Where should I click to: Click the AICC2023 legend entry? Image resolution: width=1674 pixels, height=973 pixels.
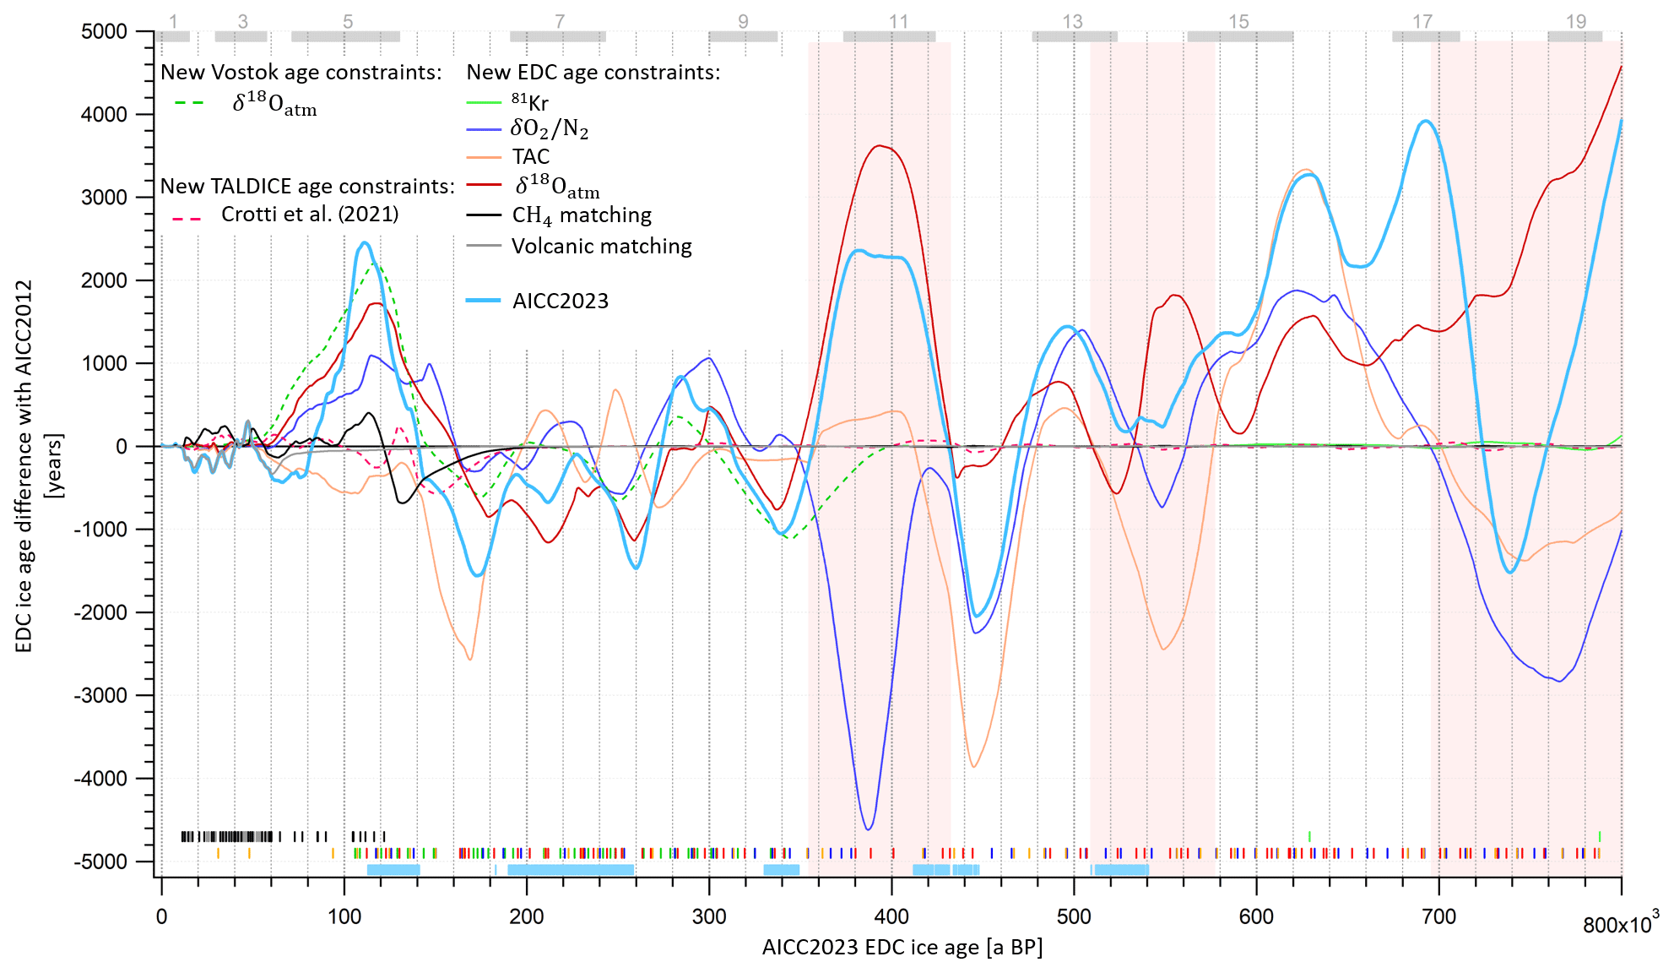[x=560, y=302]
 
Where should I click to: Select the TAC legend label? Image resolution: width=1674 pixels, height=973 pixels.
[x=530, y=157]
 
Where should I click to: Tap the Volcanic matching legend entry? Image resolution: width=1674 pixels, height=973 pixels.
[x=601, y=247]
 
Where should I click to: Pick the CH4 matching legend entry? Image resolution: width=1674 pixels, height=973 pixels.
[x=582, y=215]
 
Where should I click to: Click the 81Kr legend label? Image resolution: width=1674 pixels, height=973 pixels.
[x=529, y=103]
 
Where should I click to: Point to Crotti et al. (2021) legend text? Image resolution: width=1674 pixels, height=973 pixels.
[x=310, y=215]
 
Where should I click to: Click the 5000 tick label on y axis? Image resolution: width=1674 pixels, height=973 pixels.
[x=104, y=32]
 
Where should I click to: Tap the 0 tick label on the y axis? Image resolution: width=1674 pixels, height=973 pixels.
[x=122, y=447]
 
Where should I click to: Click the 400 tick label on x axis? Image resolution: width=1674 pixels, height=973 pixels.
[x=891, y=917]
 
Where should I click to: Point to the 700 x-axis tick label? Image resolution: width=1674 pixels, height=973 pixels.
[x=1438, y=917]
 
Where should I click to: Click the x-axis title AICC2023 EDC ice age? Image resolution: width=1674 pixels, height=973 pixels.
[x=902, y=948]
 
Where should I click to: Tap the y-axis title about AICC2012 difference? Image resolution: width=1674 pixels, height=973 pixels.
[x=25, y=466]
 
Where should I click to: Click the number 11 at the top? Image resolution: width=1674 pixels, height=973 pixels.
[x=898, y=22]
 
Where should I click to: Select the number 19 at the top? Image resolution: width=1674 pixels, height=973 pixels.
[x=1576, y=22]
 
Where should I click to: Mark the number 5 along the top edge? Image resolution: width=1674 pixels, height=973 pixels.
[x=348, y=22]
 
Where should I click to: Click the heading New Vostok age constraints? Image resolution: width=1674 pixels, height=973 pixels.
[x=301, y=73]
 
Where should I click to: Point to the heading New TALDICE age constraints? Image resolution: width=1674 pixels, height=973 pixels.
[x=307, y=187]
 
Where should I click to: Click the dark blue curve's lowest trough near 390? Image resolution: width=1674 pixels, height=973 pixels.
[x=869, y=829]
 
